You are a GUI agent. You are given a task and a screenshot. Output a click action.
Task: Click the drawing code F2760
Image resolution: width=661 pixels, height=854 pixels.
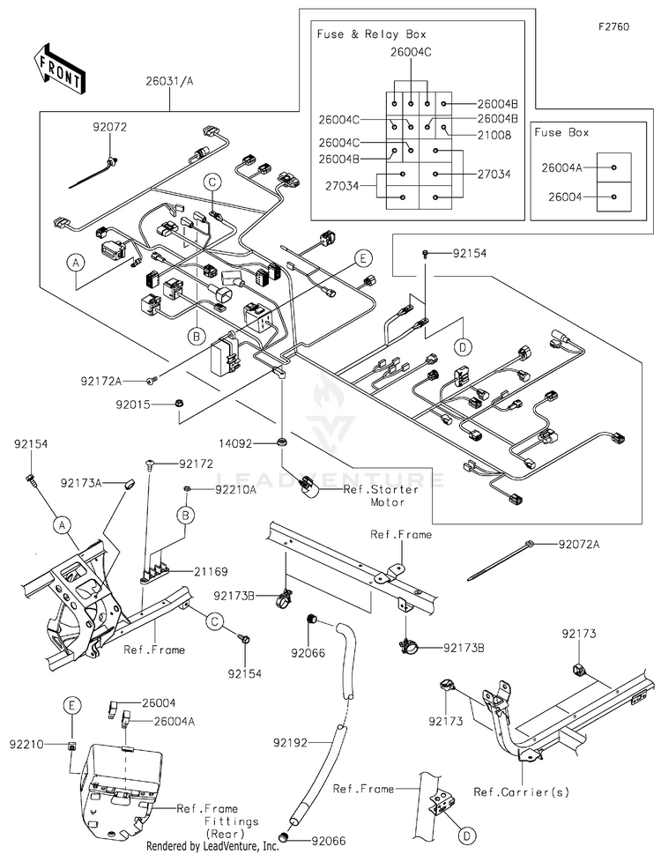tap(613, 26)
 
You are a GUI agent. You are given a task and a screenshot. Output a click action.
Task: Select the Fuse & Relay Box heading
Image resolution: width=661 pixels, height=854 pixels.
tap(371, 34)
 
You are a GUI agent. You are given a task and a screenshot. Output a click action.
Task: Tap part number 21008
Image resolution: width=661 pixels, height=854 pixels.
tap(494, 135)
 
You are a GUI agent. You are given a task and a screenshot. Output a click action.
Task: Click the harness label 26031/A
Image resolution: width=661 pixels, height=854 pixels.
tap(169, 81)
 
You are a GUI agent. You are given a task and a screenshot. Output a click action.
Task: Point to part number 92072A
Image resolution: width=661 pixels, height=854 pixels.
tap(579, 544)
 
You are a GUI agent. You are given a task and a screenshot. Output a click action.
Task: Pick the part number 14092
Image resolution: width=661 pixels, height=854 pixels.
tap(235, 444)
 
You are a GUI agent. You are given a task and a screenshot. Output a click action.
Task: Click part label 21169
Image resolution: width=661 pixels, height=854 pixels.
tap(211, 571)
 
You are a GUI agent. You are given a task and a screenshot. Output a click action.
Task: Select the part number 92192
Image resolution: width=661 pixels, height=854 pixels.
tap(290, 742)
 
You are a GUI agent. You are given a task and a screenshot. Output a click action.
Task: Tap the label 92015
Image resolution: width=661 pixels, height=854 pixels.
tap(133, 405)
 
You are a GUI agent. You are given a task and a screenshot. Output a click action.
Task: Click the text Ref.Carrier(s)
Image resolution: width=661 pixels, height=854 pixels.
tap(521, 792)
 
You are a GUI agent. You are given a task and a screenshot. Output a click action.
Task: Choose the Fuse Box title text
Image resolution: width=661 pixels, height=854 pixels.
tap(561, 132)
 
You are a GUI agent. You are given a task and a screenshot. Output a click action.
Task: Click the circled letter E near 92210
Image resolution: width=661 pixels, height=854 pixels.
tap(71, 705)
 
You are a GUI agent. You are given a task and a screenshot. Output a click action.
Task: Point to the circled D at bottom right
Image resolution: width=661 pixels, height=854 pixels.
tap(466, 835)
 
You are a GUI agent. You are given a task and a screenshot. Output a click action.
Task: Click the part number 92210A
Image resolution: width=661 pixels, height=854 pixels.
tap(235, 490)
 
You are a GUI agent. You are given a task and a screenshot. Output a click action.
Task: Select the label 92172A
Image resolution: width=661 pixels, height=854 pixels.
tap(101, 382)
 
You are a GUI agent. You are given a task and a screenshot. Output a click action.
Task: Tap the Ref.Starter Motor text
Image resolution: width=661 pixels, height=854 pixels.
tap(381, 495)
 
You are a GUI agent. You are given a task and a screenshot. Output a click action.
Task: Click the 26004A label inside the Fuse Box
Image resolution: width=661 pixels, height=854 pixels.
tap(561, 167)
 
